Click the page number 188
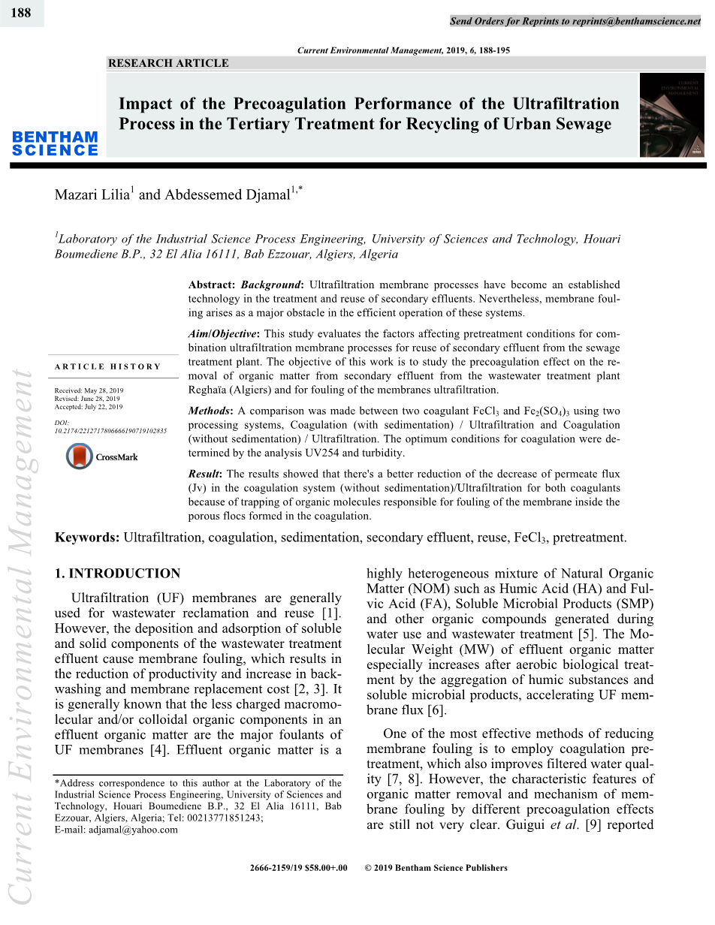tap(21, 13)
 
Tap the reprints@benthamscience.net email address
tap(636, 21)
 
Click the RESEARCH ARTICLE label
tap(168, 64)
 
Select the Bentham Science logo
tap(55, 143)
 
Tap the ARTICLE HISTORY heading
tap(107, 366)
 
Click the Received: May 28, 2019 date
tap(89, 391)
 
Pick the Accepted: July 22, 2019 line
tap(89, 407)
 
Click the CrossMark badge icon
tap(80, 456)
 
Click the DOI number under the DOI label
tap(110, 431)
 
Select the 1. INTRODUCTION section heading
tap(118, 574)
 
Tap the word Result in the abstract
tap(204, 474)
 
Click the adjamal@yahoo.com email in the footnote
tap(134, 830)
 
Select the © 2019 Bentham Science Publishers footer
tap(436, 868)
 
